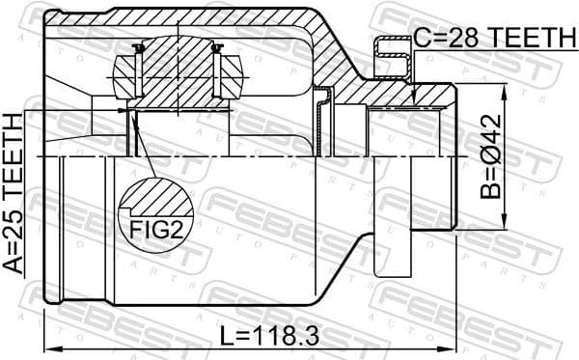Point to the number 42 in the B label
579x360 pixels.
tap(492, 125)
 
